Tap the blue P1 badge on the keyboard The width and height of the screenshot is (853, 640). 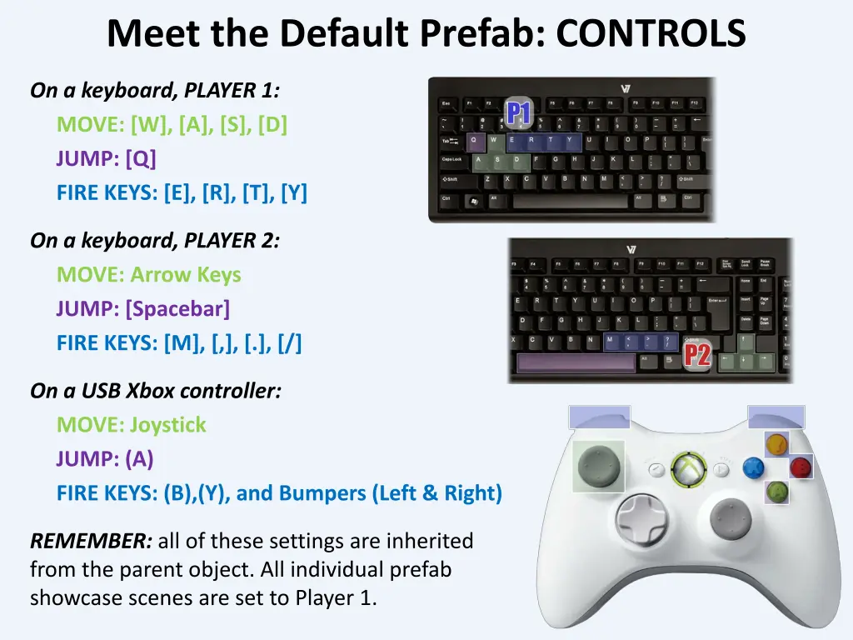coord(519,112)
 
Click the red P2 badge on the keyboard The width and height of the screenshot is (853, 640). coord(697,354)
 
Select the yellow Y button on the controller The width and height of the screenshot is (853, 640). coord(776,444)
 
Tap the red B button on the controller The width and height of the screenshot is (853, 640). coord(801,467)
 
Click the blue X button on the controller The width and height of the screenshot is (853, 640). coord(754,467)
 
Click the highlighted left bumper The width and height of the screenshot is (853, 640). coord(599,417)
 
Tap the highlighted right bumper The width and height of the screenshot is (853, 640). coord(776,417)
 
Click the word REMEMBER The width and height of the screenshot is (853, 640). coord(91,541)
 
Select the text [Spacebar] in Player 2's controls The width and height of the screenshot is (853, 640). coord(177,309)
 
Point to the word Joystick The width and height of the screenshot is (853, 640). coord(167,425)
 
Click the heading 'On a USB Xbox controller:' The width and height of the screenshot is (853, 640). coord(155,390)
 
